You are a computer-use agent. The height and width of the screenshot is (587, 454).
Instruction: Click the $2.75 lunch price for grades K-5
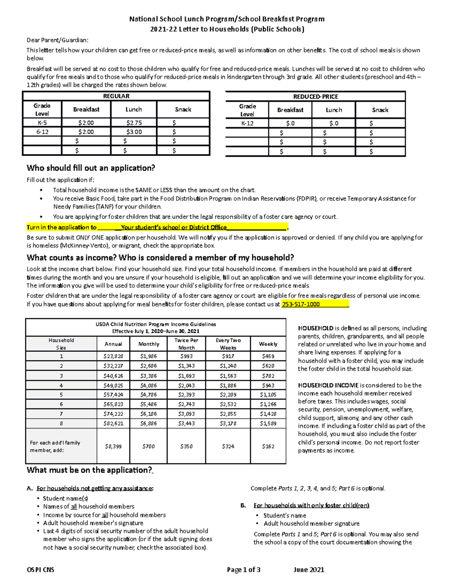(x=134, y=122)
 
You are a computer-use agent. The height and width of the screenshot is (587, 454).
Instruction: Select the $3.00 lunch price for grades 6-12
(x=134, y=132)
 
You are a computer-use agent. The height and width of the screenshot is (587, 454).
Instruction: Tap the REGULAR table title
(x=116, y=96)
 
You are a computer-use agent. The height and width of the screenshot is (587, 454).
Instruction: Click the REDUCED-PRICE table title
(x=316, y=96)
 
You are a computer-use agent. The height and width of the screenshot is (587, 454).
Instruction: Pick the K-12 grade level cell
(x=247, y=123)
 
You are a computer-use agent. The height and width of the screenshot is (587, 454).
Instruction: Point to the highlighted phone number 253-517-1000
(x=301, y=304)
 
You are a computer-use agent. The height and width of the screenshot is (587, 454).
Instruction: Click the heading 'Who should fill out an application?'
(x=91, y=168)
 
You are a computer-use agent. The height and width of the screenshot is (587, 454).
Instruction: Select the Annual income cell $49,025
(x=113, y=386)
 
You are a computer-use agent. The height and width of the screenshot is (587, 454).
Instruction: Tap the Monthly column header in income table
(x=149, y=344)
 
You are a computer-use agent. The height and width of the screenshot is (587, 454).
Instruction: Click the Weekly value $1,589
(x=268, y=423)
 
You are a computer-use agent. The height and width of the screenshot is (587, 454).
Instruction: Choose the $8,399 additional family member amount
(x=113, y=446)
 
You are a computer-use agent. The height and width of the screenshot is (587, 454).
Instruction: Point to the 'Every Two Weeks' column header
(x=228, y=344)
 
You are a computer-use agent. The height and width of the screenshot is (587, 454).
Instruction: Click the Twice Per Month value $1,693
(x=186, y=376)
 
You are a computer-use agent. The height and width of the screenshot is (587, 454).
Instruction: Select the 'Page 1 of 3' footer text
(x=244, y=570)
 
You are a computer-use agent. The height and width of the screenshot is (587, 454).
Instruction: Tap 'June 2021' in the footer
(x=309, y=570)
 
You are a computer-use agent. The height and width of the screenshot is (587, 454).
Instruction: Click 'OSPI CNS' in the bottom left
(x=40, y=570)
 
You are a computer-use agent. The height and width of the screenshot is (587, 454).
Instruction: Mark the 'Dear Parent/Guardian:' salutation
(x=57, y=40)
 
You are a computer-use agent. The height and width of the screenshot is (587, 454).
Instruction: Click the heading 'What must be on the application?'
(x=89, y=470)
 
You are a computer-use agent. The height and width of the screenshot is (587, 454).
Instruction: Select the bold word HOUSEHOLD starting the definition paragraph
(x=316, y=328)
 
